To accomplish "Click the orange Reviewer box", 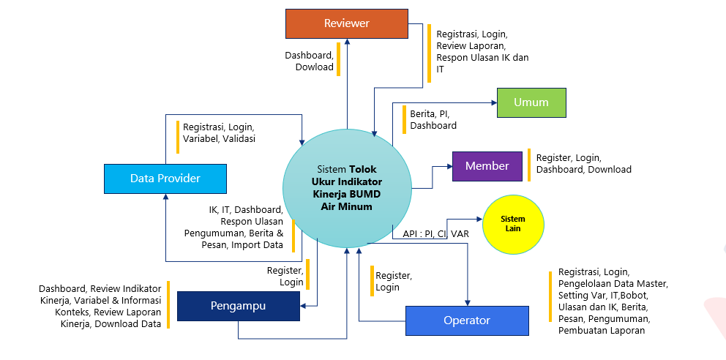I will [346, 23].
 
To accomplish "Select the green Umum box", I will [531, 102].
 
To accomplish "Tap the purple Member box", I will [487, 166].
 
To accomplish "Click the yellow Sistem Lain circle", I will [512, 224].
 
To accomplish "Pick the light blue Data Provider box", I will [165, 179].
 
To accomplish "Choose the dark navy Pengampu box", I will [238, 305].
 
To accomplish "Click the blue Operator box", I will [467, 320].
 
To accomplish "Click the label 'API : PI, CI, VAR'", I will [435, 234].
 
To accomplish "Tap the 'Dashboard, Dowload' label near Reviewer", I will [309, 61].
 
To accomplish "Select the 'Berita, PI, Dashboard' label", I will [433, 119].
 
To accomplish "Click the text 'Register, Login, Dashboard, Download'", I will [583, 163].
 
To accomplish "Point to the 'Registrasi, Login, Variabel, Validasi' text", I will [219, 132].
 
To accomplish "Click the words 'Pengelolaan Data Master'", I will [613, 282].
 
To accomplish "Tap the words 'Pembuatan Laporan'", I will [602, 331].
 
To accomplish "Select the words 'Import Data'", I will [262, 245].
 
